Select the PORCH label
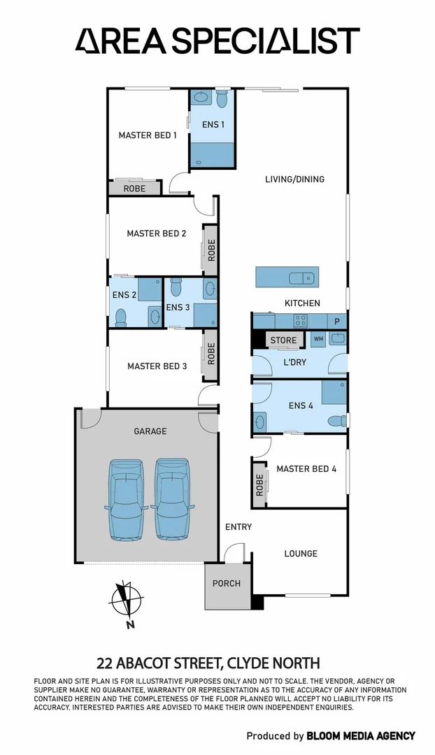tap(226, 583)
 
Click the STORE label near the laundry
tap(283, 340)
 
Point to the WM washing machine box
tap(318, 339)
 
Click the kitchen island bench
tap(287, 277)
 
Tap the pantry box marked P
tap(337, 322)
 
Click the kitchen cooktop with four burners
tap(300, 322)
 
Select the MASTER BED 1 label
tap(148, 135)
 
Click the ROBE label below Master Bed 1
tap(134, 189)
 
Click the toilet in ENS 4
tap(337, 420)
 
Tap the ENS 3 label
tap(178, 307)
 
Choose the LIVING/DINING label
tap(294, 179)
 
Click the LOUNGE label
tap(301, 553)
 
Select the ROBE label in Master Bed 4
tap(260, 484)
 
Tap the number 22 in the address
tap(104, 663)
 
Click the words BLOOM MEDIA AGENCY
tap(361, 735)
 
